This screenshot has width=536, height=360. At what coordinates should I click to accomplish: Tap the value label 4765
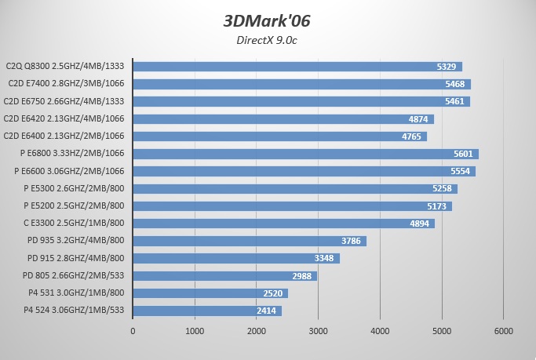[x=411, y=136]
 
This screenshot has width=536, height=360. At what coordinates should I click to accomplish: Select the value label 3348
[x=325, y=258]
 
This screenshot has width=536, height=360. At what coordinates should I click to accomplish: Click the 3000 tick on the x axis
[x=318, y=331]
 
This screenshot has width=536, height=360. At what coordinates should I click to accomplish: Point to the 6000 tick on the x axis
[x=503, y=331]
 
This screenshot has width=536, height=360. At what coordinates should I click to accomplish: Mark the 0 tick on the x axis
[x=133, y=331]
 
